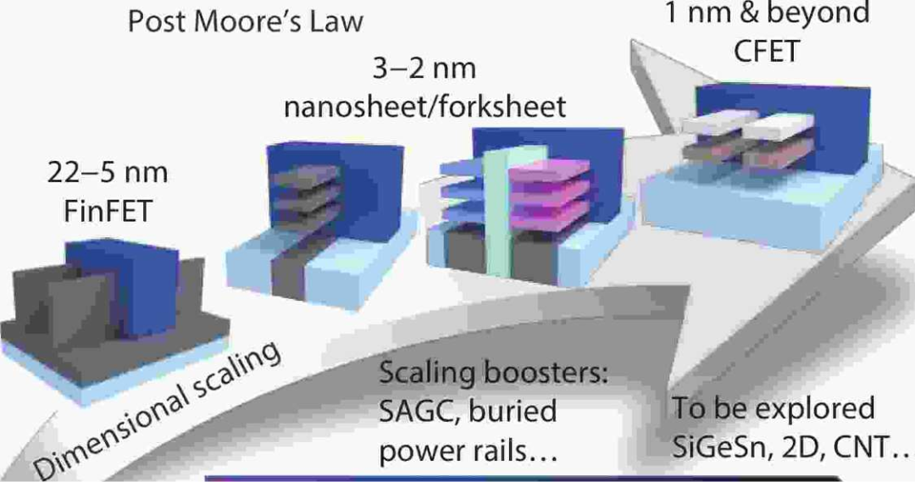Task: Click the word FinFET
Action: (108, 210)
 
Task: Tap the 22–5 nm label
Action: (108, 174)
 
